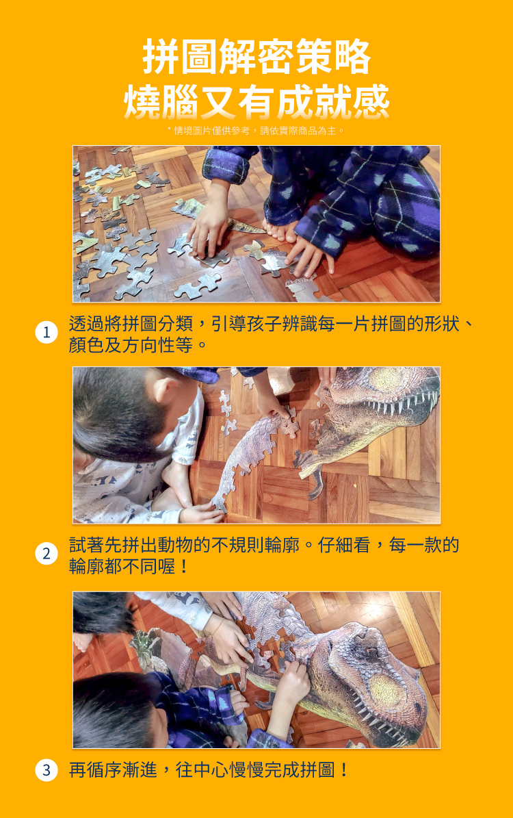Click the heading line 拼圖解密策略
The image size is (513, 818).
point(256,57)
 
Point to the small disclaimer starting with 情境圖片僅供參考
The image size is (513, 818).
point(256,130)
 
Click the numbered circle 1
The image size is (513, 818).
point(46,333)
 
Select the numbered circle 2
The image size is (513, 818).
point(46,554)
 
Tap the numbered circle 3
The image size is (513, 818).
point(46,770)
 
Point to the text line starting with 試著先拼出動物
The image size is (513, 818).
point(264,545)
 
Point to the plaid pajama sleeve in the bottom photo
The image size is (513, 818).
point(205,705)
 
